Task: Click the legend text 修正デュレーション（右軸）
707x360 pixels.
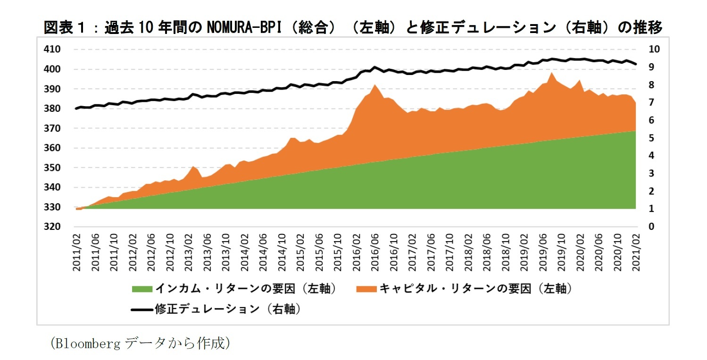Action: pos(228,310)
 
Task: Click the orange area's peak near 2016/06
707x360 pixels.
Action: pos(374,85)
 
